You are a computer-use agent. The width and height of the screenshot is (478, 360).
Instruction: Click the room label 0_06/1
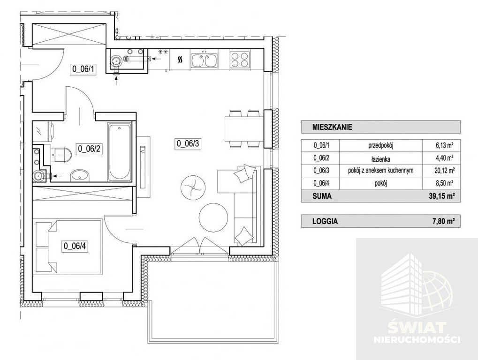[83, 69]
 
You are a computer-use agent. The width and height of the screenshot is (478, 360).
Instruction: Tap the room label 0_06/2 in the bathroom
[89, 149]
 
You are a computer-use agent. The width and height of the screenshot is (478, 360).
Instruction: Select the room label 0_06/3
[188, 143]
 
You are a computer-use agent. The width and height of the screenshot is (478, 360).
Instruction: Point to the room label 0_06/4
[75, 246]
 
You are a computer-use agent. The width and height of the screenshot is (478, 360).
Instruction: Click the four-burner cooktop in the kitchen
[240, 60]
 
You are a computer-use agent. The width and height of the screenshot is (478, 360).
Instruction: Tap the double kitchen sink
[204, 60]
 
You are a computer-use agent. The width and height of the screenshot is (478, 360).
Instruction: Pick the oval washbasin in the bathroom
[79, 176]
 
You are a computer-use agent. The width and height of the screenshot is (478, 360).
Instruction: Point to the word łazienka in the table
[381, 159]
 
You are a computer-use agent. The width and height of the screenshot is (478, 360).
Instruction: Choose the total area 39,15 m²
[441, 196]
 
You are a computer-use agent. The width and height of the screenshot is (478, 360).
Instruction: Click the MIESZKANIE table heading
[332, 127]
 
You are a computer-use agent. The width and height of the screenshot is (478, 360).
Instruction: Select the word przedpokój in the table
[381, 146]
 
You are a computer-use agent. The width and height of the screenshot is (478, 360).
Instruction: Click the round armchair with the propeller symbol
[193, 187]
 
